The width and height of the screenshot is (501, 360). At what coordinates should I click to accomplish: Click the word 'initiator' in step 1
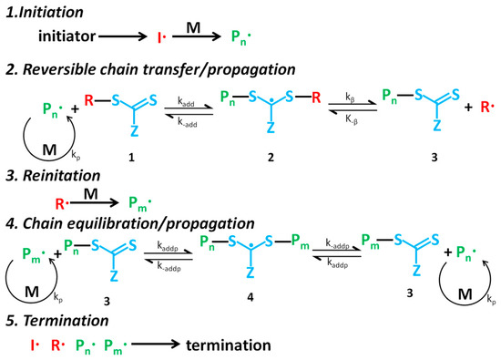pos(68,37)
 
